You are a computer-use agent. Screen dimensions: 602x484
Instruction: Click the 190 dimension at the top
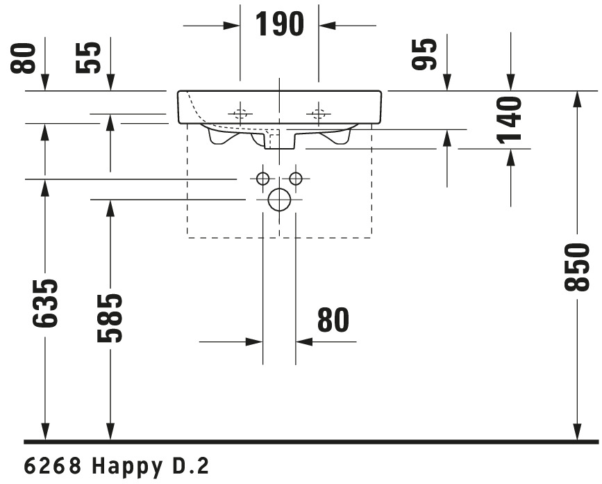[280, 24]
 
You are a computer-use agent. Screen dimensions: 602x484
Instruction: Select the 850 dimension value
[577, 266]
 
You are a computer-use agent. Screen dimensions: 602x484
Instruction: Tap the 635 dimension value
[45, 304]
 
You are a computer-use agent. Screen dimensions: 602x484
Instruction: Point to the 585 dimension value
[110, 318]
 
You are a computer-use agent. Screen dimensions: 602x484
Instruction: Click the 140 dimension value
[510, 120]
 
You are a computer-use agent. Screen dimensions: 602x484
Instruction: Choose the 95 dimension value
[424, 55]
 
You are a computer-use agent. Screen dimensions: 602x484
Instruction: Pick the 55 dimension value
[88, 58]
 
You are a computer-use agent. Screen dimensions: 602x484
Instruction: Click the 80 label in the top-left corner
[23, 58]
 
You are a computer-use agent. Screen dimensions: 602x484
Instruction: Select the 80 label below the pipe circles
[333, 320]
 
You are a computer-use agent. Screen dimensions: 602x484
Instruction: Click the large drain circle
[269, 200]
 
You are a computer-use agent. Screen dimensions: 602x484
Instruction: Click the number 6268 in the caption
[53, 466]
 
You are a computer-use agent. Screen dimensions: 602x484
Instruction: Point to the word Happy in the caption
[127, 467]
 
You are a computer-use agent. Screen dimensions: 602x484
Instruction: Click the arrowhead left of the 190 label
[232, 26]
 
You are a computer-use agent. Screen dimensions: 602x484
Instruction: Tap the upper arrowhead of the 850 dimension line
[577, 99]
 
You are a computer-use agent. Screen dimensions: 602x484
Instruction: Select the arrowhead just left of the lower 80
[255, 341]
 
